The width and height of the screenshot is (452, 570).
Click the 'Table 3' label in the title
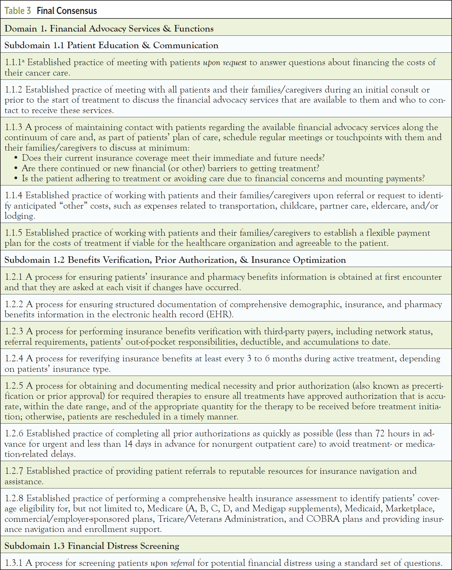18,11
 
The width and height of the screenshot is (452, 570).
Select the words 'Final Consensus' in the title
67,11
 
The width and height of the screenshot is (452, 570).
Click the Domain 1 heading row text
109,28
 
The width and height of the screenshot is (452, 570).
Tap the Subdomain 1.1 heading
111,45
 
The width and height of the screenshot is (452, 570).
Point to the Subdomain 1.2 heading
175,260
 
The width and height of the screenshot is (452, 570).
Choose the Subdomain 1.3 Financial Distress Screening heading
92,546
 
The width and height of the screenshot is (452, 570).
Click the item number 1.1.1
13,62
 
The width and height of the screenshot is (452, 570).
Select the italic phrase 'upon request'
225,63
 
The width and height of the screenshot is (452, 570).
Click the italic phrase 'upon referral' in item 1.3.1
173,563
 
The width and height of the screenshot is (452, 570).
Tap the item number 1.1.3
13,127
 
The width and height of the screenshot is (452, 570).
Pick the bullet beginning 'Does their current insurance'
173,158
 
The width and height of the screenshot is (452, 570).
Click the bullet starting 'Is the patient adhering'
223,178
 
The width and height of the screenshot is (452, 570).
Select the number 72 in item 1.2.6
380,433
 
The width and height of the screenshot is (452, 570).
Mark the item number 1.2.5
14,386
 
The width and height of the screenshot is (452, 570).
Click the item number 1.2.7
14,471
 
